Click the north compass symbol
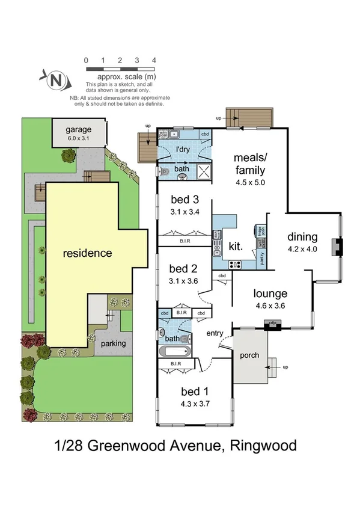[x=55, y=79]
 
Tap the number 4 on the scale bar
[x=154, y=60]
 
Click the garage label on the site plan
[x=79, y=129]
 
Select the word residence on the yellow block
[x=88, y=253]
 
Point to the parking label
[x=114, y=343]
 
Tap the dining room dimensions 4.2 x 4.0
[x=302, y=249]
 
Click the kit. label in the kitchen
[x=236, y=245]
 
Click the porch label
[x=249, y=355]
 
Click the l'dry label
[x=183, y=149]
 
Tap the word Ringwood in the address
[x=265, y=446]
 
